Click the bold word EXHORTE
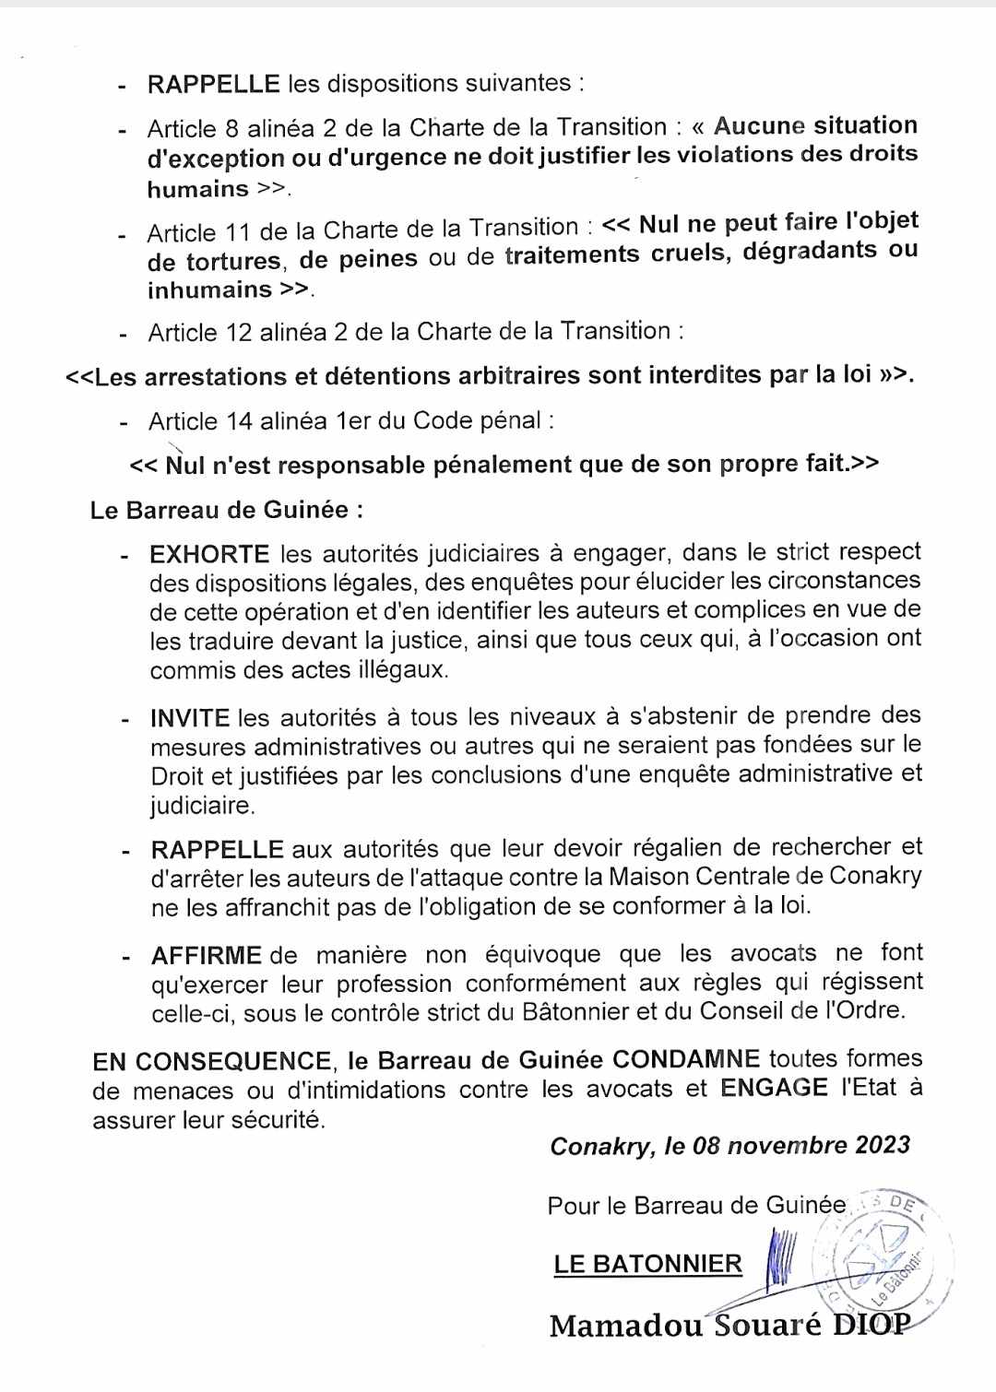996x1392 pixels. coord(209,554)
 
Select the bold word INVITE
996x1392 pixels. coord(190,718)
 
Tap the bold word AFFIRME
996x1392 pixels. coord(207,955)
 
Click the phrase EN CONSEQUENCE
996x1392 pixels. coord(211,1061)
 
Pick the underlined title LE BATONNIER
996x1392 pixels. coord(647,1264)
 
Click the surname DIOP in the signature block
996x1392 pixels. coord(871,1324)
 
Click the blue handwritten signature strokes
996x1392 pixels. coord(779,1257)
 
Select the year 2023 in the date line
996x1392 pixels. coord(882,1145)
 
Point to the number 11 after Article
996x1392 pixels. coord(237,232)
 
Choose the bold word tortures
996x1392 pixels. coord(233,262)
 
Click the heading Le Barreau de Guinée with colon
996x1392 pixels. coord(227,510)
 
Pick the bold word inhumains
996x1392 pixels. coord(209,289)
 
